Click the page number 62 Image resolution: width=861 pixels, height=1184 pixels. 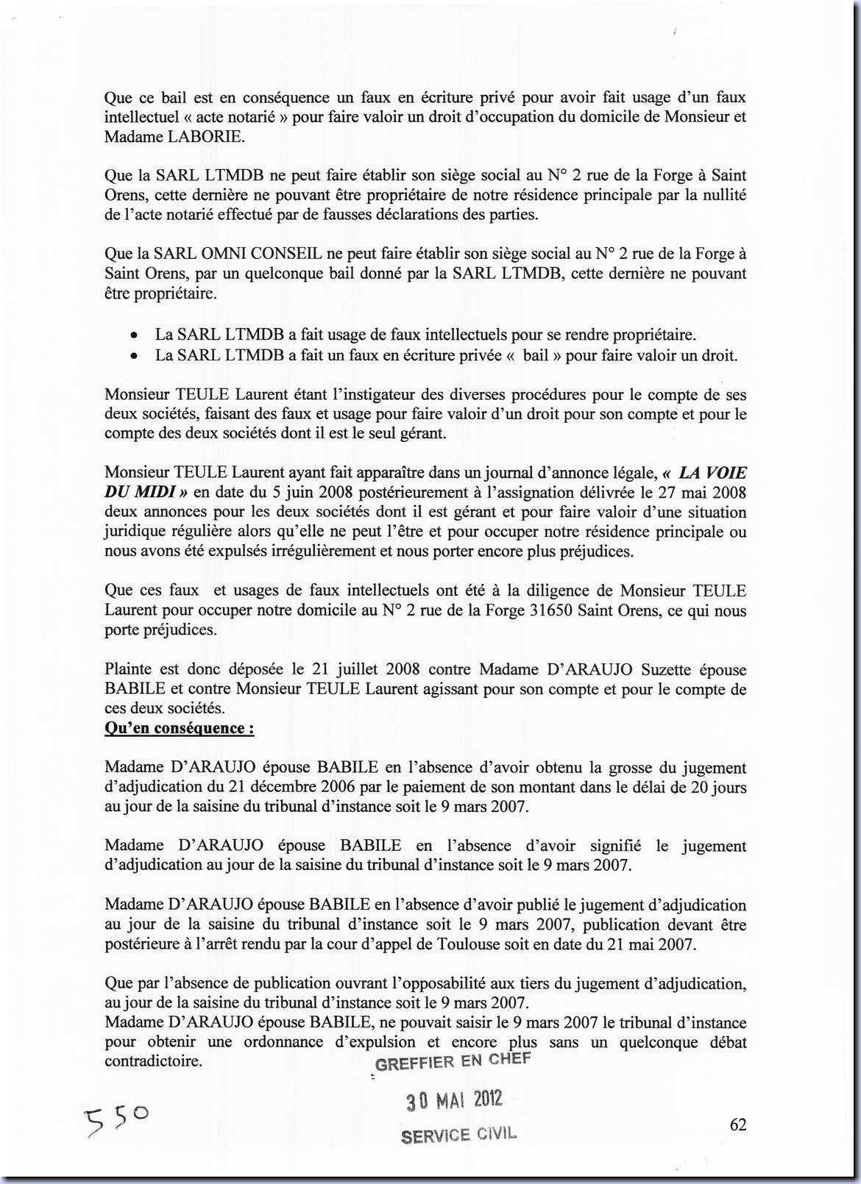click(737, 1124)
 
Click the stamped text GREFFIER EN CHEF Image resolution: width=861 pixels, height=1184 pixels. click(452, 1061)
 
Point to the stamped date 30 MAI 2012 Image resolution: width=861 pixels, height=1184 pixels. click(454, 1101)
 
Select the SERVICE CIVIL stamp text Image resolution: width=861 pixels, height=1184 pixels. click(458, 1135)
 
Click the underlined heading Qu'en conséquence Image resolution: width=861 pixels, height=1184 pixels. click(179, 728)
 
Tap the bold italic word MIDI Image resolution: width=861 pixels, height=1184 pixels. click(152, 492)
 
